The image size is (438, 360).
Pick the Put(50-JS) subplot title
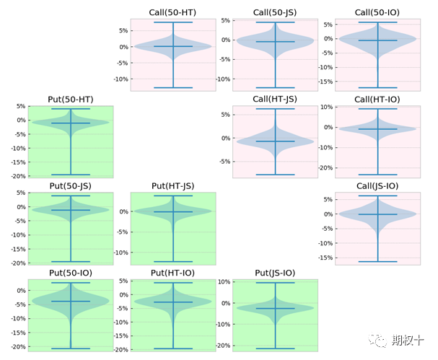(71, 186)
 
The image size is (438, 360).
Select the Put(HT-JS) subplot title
(173, 186)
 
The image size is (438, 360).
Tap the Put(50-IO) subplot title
(71, 273)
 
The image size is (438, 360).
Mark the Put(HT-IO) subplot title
(173, 273)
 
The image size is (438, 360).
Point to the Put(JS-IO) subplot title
(275, 273)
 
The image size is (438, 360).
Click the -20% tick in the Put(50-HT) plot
(15, 176)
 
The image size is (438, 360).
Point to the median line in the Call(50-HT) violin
(173, 46)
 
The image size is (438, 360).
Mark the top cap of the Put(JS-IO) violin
(275, 283)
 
